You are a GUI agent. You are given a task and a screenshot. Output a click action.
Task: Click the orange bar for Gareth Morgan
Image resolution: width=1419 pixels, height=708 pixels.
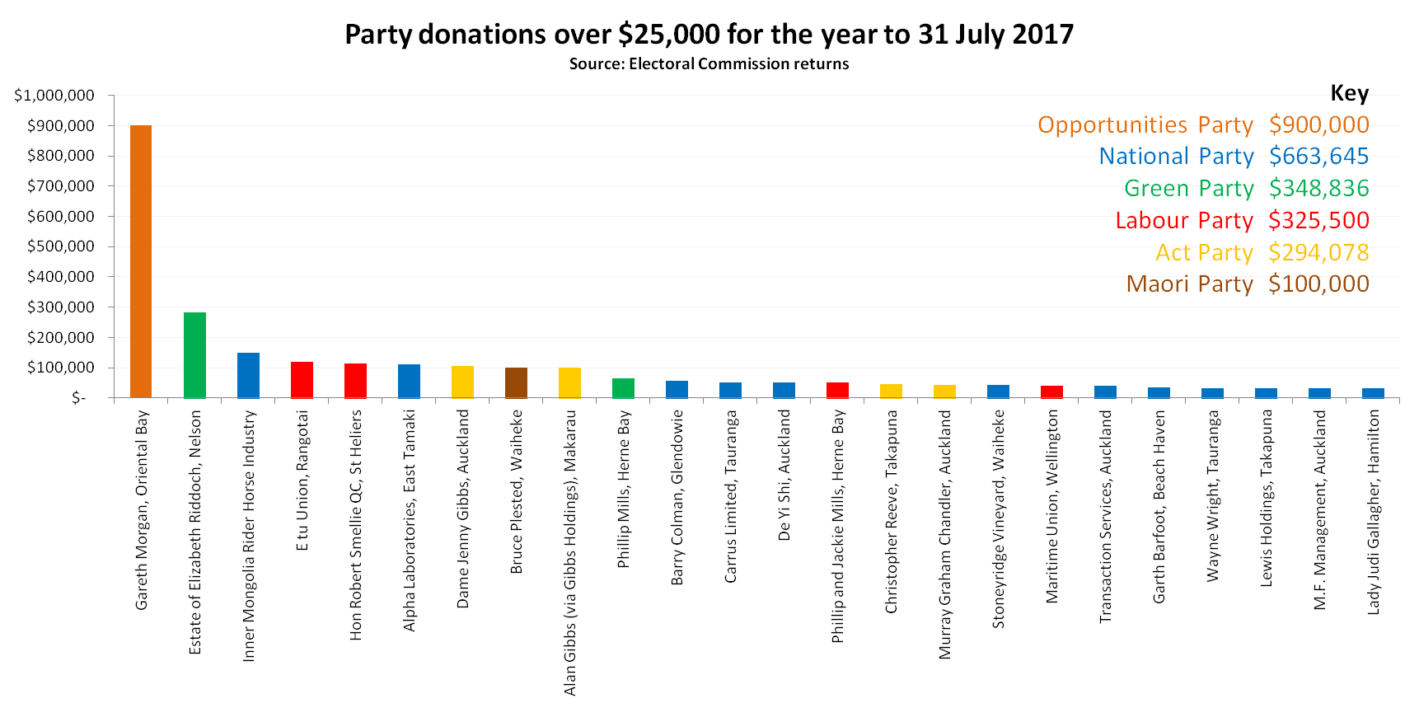141,261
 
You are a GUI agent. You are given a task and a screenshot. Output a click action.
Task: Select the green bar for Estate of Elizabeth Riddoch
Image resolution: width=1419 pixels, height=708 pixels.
194,354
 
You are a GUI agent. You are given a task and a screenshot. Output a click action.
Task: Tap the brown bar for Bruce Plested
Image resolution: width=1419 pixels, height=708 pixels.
516,382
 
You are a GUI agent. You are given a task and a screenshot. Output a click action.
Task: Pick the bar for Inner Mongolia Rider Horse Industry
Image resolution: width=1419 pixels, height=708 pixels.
248,375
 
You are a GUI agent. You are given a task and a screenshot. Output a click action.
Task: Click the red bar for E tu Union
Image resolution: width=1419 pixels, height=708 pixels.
302,379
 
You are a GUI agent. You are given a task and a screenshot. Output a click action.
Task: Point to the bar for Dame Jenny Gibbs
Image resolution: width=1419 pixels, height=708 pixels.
462,382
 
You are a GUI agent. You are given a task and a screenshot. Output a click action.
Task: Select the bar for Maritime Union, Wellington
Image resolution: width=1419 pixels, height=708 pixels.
1051,392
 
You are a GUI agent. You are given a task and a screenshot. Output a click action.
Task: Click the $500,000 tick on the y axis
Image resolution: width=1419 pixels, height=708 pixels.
61,246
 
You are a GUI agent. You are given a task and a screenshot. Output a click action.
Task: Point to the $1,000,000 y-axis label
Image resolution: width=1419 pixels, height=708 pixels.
54,96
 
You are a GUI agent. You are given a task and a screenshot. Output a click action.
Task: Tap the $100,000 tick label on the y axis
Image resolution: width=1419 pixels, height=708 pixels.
61,368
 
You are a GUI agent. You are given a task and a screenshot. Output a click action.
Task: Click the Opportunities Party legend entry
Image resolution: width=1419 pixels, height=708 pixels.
1145,124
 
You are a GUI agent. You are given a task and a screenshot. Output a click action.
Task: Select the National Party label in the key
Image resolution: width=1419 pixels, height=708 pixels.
1176,157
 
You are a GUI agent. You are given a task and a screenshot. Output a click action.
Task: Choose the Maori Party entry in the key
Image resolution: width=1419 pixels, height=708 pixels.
1189,284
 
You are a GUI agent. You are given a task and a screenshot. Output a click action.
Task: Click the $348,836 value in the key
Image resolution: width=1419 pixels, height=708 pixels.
1318,189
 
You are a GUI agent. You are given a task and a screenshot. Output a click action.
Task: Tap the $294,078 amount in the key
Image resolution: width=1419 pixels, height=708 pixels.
1318,252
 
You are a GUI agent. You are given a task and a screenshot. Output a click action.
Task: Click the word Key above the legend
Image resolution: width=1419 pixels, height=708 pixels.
1349,93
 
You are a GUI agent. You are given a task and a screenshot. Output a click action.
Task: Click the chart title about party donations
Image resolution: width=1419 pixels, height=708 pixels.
709,35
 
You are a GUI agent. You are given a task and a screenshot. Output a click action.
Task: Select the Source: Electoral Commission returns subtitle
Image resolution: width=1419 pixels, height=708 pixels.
709,64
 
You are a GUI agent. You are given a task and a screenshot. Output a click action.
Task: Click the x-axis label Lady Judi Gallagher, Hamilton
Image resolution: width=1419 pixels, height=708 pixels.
1373,512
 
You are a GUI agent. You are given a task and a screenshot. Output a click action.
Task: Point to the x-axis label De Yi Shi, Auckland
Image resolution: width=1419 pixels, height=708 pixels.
784,475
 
